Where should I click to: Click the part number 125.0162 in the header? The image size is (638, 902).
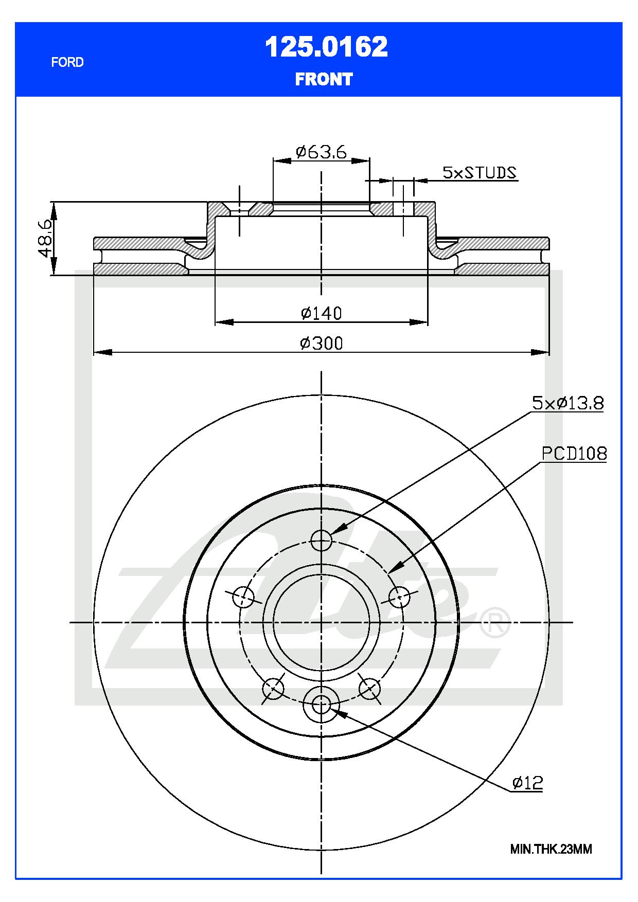click(326, 47)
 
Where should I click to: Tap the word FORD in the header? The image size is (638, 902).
click(67, 62)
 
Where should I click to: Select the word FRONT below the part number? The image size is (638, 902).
click(324, 79)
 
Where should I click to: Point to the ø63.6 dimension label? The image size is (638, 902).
click(322, 152)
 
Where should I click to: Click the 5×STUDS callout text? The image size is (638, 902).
click(480, 172)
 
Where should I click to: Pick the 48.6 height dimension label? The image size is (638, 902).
click(45, 238)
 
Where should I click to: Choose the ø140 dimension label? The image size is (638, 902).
click(322, 313)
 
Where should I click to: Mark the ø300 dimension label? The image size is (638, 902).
click(322, 343)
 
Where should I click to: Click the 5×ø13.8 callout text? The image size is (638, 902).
click(568, 403)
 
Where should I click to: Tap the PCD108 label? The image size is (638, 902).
click(574, 454)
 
